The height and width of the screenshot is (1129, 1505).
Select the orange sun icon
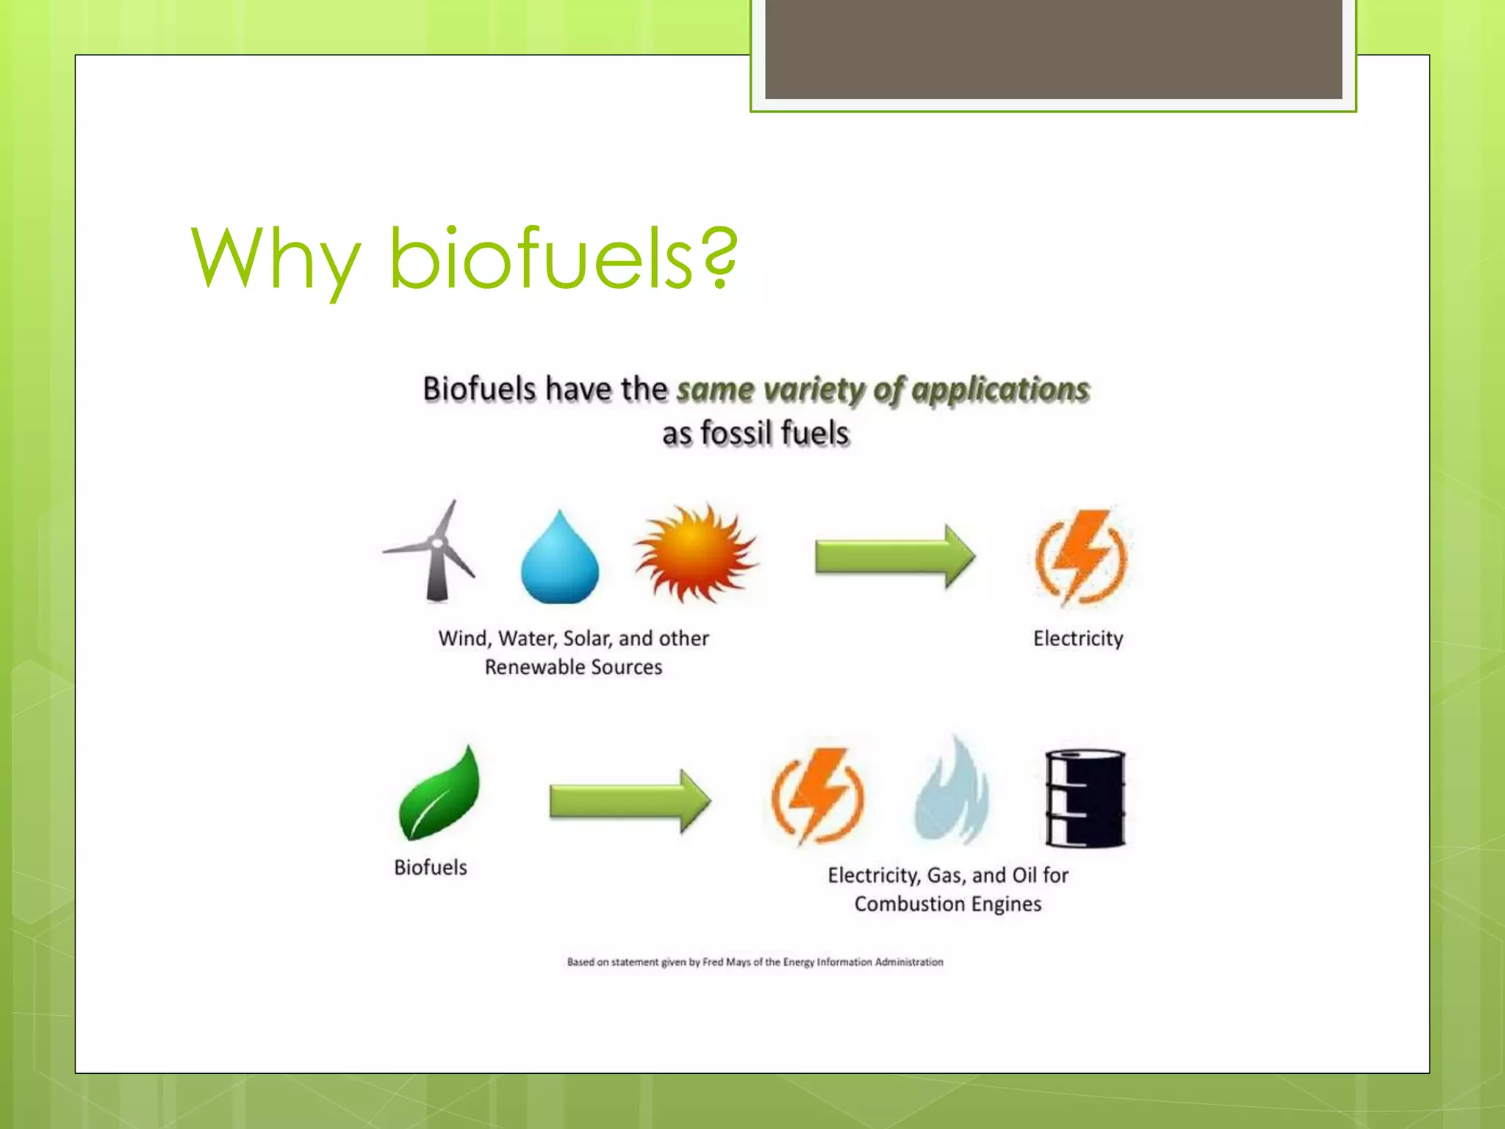(x=695, y=553)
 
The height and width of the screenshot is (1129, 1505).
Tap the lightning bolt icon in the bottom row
(x=817, y=796)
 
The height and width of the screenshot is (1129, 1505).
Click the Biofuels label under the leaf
(x=431, y=867)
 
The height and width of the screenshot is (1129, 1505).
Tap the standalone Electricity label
(x=1078, y=638)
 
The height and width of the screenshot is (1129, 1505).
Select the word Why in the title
(x=276, y=259)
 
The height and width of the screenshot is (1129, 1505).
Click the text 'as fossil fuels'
(x=755, y=433)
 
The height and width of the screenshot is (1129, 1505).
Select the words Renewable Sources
(x=573, y=667)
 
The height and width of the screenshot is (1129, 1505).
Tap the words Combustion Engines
(x=948, y=904)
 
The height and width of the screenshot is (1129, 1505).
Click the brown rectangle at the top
(x=1053, y=49)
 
